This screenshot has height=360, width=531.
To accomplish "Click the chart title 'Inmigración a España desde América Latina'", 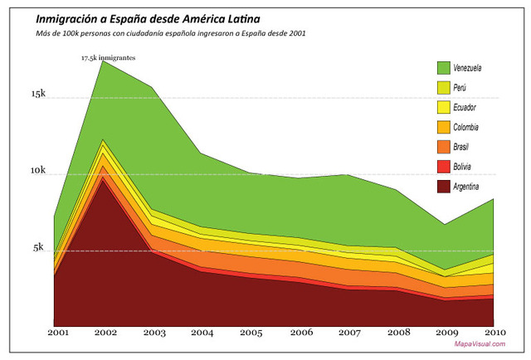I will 143,17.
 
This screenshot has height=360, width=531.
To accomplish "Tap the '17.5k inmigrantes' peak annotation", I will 108,58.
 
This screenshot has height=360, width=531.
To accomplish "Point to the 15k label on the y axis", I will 39,95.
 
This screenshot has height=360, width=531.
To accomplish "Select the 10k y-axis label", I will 39,171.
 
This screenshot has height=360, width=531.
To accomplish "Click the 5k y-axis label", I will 41,247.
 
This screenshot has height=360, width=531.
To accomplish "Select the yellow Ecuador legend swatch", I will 443,108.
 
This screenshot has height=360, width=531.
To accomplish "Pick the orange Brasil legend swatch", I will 443,148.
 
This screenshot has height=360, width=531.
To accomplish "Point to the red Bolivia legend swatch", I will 443,168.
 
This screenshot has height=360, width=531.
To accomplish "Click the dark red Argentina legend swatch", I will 443,187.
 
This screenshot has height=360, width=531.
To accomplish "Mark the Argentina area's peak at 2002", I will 103,182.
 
